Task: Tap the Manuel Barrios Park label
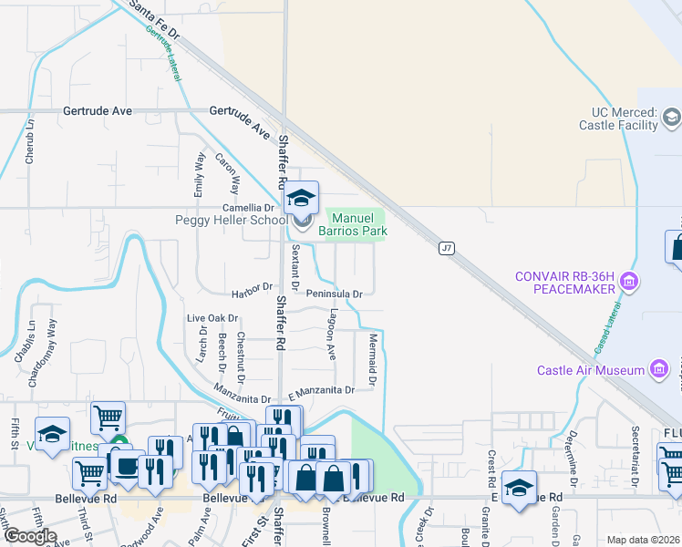[x=353, y=224]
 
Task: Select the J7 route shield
[x=446, y=248]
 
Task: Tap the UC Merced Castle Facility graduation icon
[x=671, y=118]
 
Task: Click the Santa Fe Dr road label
[x=155, y=19]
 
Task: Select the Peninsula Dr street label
[x=334, y=294]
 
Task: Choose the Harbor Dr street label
[x=253, y=288]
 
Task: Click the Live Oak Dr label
[x=212, y=318]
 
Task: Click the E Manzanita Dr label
[x=320, y=390]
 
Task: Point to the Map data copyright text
[x=643, y=540]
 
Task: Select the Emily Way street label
[x=199, y=175]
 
